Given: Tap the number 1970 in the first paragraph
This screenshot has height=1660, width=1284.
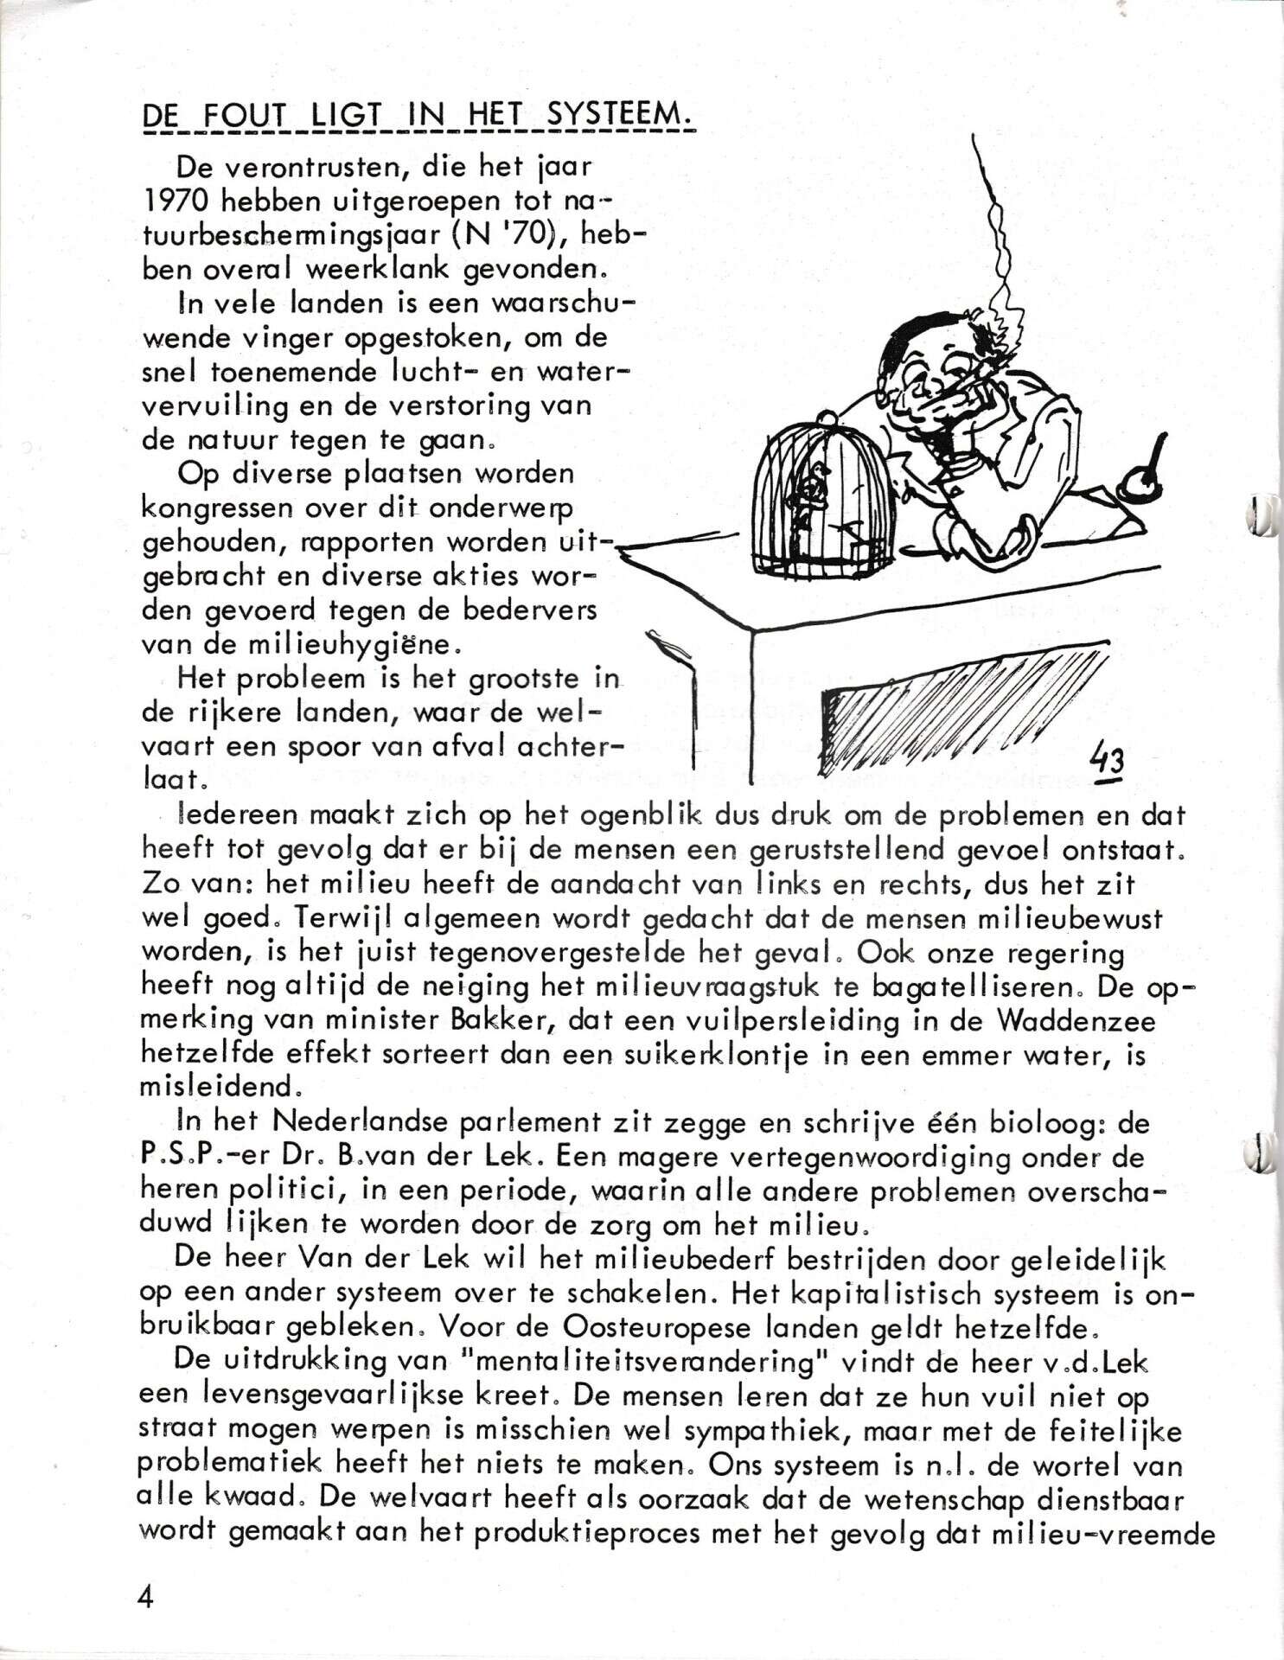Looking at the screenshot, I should pyautogui.click(x=176, y=201).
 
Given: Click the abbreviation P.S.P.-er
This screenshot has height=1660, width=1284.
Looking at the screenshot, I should pyautogui.click(x=193, y=1158).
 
